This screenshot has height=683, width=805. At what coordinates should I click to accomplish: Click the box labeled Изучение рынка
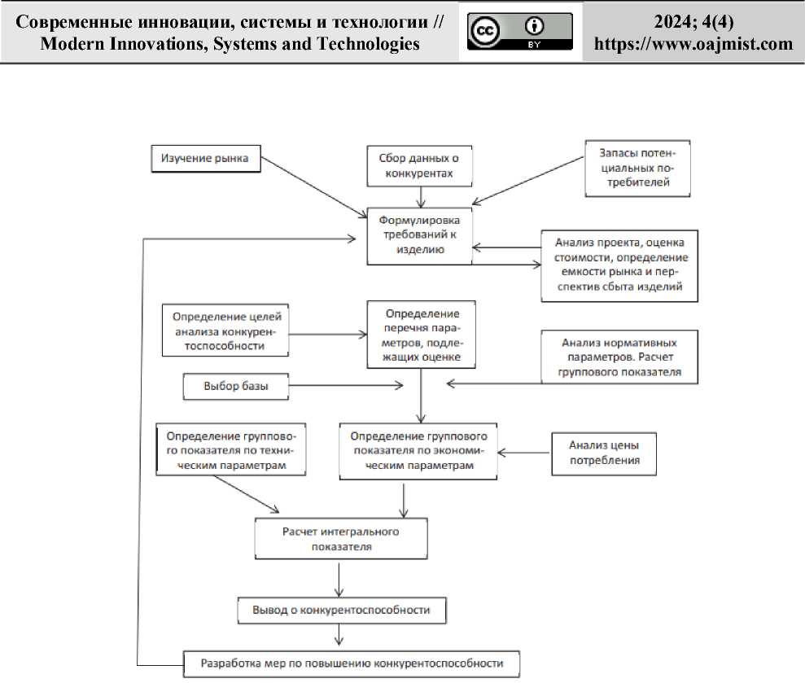[205, 158]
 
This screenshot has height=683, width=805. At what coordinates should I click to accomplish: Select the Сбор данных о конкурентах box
[419, 167]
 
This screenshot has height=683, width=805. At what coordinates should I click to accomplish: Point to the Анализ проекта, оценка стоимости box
[620, 265]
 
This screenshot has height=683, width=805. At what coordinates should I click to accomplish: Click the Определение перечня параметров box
[421, 335]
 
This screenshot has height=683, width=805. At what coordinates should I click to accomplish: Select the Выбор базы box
[236, 387]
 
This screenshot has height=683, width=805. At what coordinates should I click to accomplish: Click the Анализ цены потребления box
[604, 453]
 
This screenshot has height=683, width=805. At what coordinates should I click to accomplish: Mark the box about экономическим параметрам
[419, 450]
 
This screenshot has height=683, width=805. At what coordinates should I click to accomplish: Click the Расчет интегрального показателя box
[339, 539]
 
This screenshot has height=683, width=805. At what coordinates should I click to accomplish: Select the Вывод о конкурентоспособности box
[339, 609]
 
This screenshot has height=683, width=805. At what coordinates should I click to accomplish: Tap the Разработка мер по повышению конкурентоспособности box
[351, 663]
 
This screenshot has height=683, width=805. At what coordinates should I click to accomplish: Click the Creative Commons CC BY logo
[520, 32]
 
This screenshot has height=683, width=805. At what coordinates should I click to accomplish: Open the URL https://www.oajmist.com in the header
[693, 44]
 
